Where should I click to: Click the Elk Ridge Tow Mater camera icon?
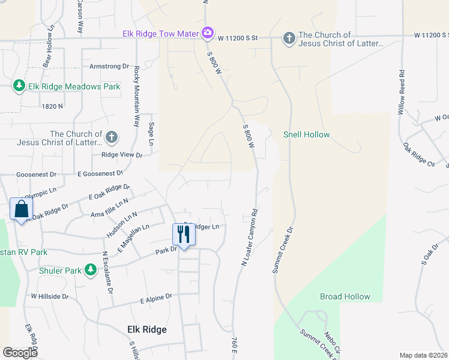click(x=208, y=33)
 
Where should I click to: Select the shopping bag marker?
click(x=21, y=209)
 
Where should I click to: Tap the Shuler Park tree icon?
click(x=90, y=271)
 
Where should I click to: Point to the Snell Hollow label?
click(x=306, y=134)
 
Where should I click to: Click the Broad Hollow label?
click(x=345, y=296)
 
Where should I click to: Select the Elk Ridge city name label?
click(x=147, y=329)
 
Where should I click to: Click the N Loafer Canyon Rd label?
click(x=249, y=237)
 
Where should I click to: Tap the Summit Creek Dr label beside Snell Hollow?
click(x=283, y=250)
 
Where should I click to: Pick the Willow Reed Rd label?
click(x=402, y=92)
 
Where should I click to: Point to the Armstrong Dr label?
click(x=109, y=66)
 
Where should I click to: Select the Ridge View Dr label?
click(x=122, y=155)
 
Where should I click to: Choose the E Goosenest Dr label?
click(x=100, y=173)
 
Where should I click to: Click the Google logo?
click(x=20, y=352)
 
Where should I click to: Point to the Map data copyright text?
click(x=423, y=355)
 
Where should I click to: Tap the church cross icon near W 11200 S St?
click(x=289, y=39)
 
